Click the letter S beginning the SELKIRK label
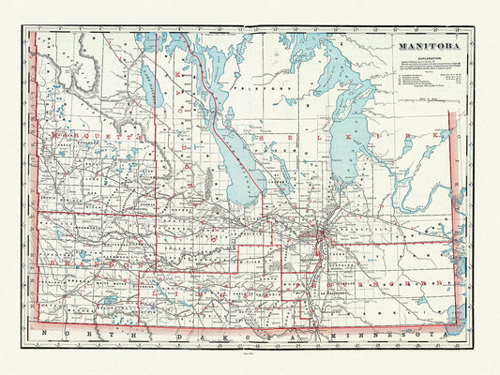(278, 138)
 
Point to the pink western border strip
(35, 187)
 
